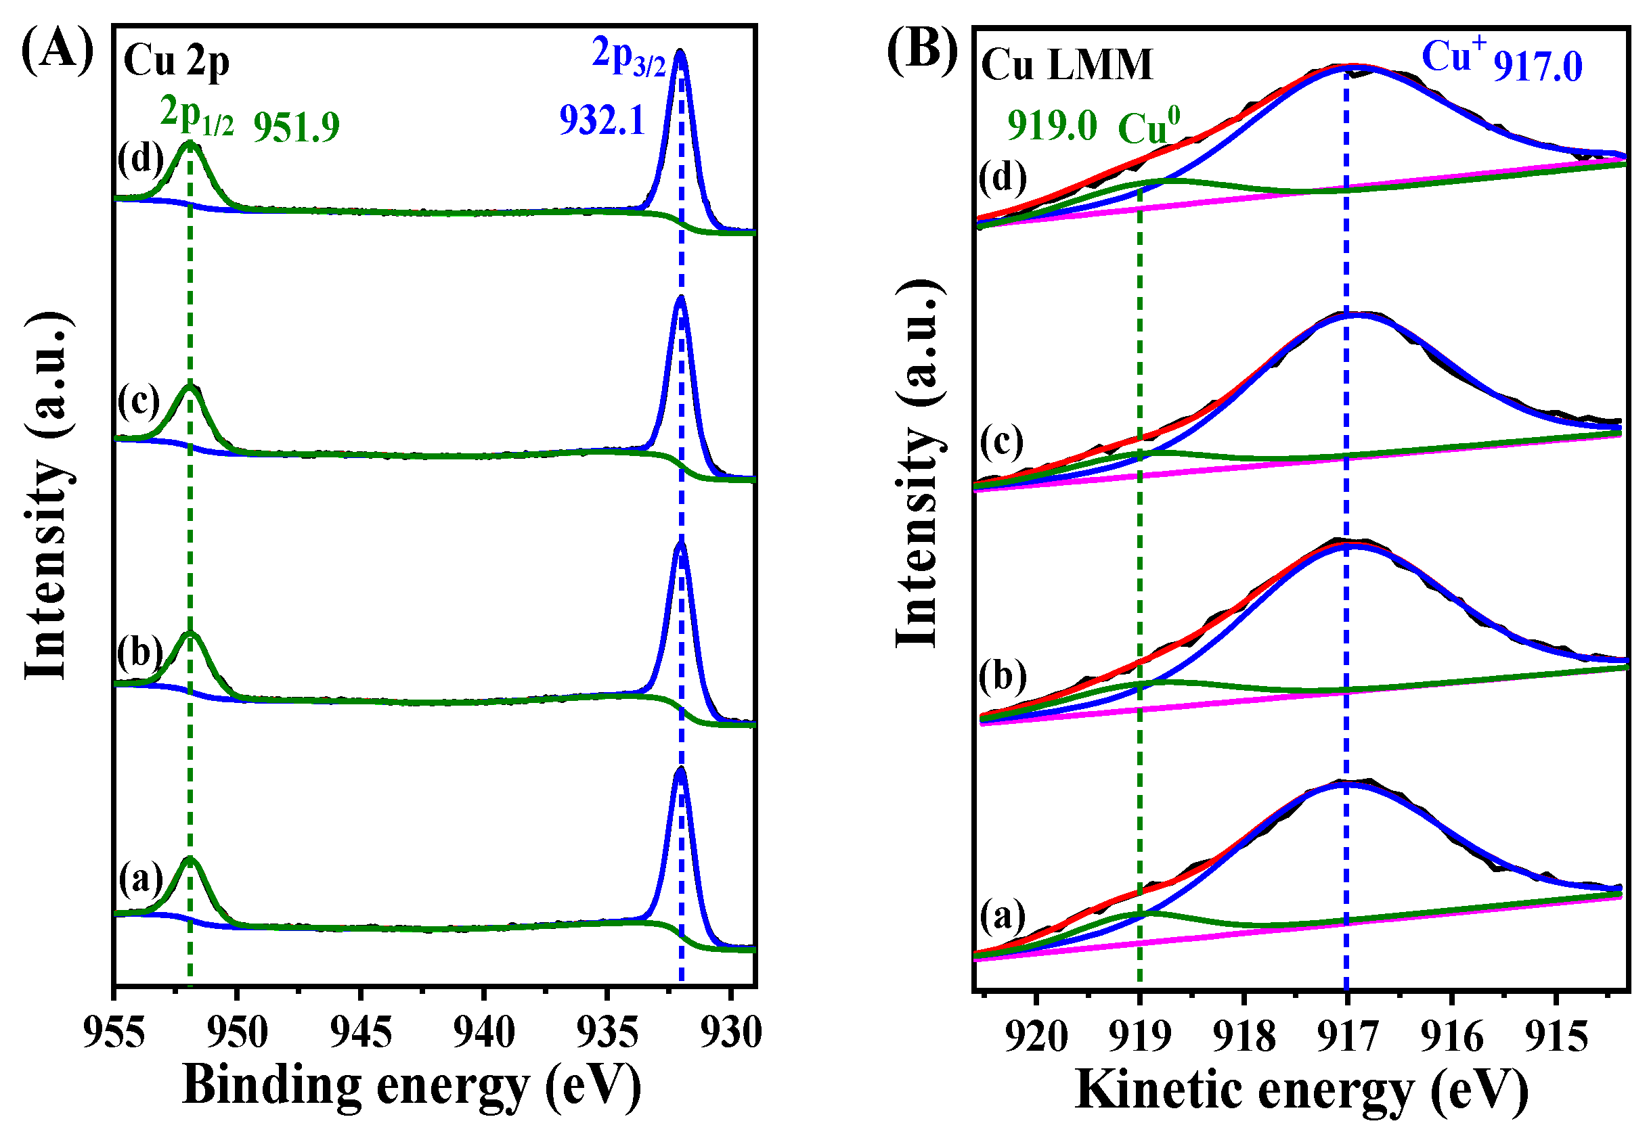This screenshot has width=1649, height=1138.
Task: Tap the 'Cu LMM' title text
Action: pyautogui.click(x=1066, y=65)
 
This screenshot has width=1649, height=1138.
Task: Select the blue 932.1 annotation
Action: pyautogui.click(x=601, y=120)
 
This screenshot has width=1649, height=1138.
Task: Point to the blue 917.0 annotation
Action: pyautogui.click(x=1538, y=67)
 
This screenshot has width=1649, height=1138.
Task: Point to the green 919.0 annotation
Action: pyautogui.click(x=1052, y=127)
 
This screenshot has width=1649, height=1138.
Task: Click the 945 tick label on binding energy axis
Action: pyautogui.click(x=361, y=1033)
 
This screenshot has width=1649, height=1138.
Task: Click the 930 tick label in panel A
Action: pyautogui.click(x=730, y=1033)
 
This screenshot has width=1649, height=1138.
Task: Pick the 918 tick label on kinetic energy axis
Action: pyautogui.click(x=1244, y=1037)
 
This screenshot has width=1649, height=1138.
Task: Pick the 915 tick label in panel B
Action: pyautogui.click(x=1556, y=1037)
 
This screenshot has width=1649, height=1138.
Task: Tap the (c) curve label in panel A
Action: pyautogui.click(x=139, y=401)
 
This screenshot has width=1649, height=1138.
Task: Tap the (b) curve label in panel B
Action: pyautogui.click(x=1002, y=675)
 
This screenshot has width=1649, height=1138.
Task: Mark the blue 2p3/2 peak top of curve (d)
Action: pyautogui.click(x=680, y=51)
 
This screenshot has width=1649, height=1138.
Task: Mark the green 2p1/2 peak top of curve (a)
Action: pyautogui.click(x=190, y=859)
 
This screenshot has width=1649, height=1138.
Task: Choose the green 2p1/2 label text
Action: pyautogui.click(x=196, y=114)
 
